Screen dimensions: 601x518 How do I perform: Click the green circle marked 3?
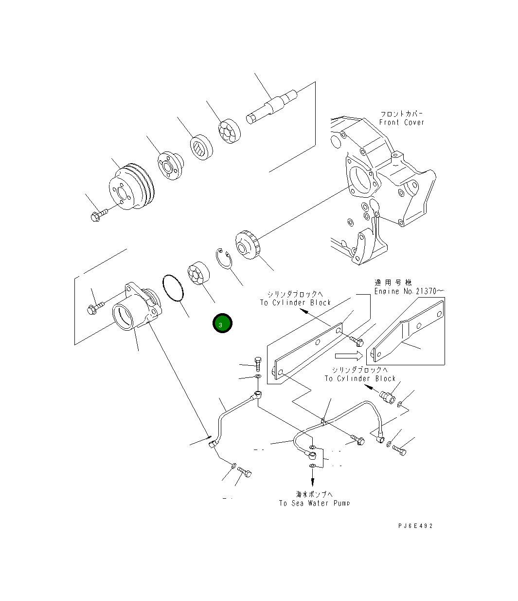[222, 324]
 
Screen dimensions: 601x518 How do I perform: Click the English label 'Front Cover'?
[401, 122]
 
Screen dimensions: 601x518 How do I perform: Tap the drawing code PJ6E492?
[414, 526]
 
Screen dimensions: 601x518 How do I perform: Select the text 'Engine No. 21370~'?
[409, 291]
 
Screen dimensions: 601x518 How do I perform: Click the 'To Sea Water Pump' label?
[314, 503]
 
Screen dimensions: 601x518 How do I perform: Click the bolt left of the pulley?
[98, 214]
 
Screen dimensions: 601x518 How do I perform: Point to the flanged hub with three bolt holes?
[171, 166]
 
